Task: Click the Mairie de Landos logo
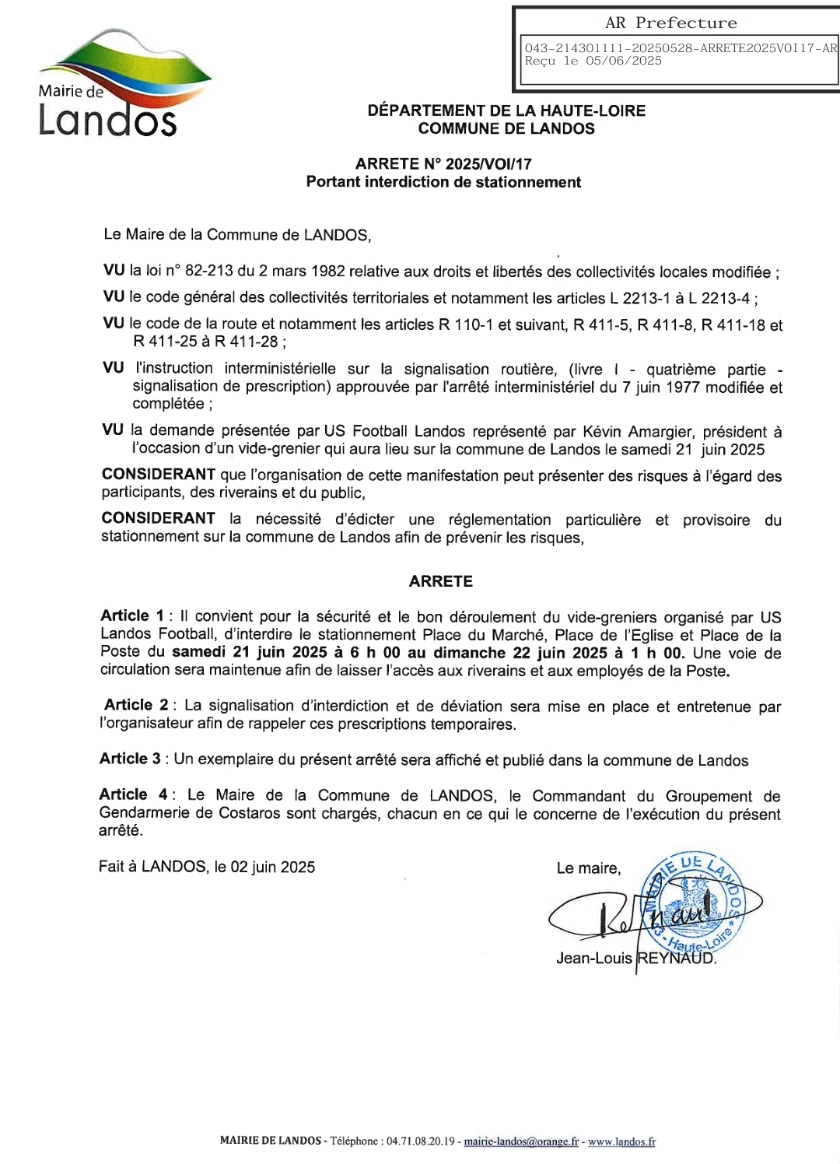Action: pos(117,86)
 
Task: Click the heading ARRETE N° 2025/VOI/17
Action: pos(443,164)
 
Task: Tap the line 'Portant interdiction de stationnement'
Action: pos(443,182)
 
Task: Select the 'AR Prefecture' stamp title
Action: pos(671,23)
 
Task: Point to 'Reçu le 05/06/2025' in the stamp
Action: pos(593,61)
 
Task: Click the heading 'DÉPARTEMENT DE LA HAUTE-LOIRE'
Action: pos(506,110)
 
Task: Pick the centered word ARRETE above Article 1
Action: pos(441,581)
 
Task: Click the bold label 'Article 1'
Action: pos(132,616)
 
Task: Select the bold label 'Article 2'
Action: pos(136,705)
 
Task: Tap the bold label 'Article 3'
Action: pos(130,759)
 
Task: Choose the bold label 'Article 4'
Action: pos(133,794)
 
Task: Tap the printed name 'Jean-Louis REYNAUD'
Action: pos(635,959)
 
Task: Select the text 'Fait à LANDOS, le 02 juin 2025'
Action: pos(207,867)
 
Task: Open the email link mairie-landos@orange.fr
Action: pos(521,1141)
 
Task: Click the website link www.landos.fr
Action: pos(621,1141)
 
